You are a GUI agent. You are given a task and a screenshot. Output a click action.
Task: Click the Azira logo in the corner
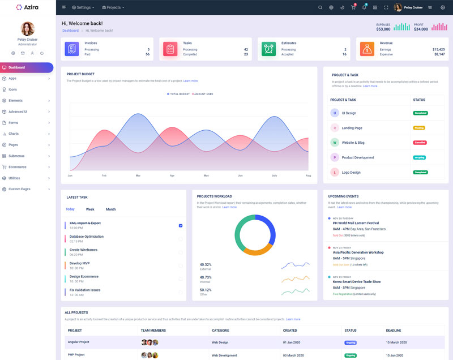(x=28, y=7)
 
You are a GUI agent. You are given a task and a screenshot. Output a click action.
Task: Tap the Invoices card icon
(x=72, y=49)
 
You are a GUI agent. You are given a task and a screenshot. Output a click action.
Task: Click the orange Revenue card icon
(x=367, y=49)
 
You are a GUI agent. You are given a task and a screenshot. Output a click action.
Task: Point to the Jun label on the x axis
(x=240, y=176)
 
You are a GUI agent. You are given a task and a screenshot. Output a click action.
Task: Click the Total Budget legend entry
(x=179, y=94)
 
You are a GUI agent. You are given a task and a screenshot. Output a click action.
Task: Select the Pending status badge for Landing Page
(x=419, y=128)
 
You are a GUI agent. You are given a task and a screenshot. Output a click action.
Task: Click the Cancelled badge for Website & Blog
(x=420, y=143)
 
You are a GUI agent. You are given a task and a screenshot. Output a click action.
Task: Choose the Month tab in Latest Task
(x=110, y=209)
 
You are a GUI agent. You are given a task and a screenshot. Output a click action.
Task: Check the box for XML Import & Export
(x=181, y=225)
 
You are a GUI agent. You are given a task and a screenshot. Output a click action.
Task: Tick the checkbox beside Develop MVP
(x=181, y=265)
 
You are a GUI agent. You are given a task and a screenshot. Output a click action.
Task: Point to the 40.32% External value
(x=206, y=264)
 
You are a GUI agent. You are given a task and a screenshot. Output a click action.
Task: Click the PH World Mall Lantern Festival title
(x=356, y=223)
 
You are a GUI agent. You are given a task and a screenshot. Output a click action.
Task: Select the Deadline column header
(x=394, y=331)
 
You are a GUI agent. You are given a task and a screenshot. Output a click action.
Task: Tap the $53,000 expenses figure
(x=383, y=29)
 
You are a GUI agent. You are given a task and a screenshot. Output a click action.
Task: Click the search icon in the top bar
(x=320, y=7)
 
